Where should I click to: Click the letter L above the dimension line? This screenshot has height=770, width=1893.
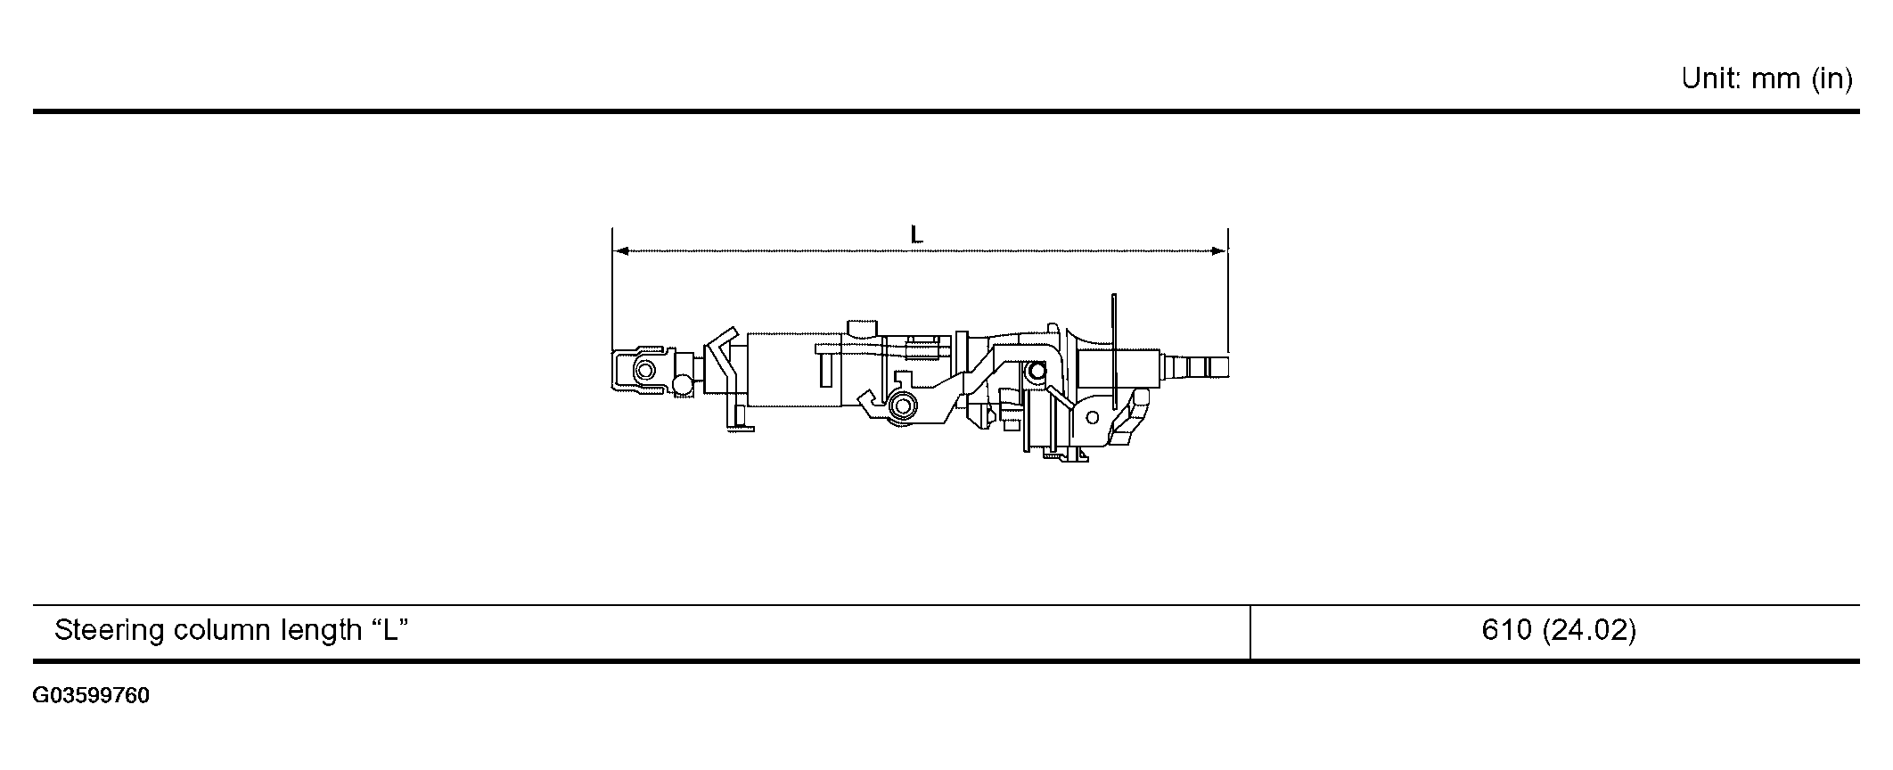pyautogui.click(x=916, y=234)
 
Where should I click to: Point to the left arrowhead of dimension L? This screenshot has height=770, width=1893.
pyautogui.click(x=622, y=251)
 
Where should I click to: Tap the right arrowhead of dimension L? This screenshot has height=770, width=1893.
pyautogui.click(x=1218, y=251)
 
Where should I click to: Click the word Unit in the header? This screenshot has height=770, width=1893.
pyautogui.click(x=1711, y=79)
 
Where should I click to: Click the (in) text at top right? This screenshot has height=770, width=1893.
pyautogui.click(x=1832, y=80)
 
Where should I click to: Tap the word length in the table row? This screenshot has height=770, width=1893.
pyautogui.click(x=318, y=632)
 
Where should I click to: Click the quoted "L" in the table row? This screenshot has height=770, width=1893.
pyautogui.click(x=389, y=630)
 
